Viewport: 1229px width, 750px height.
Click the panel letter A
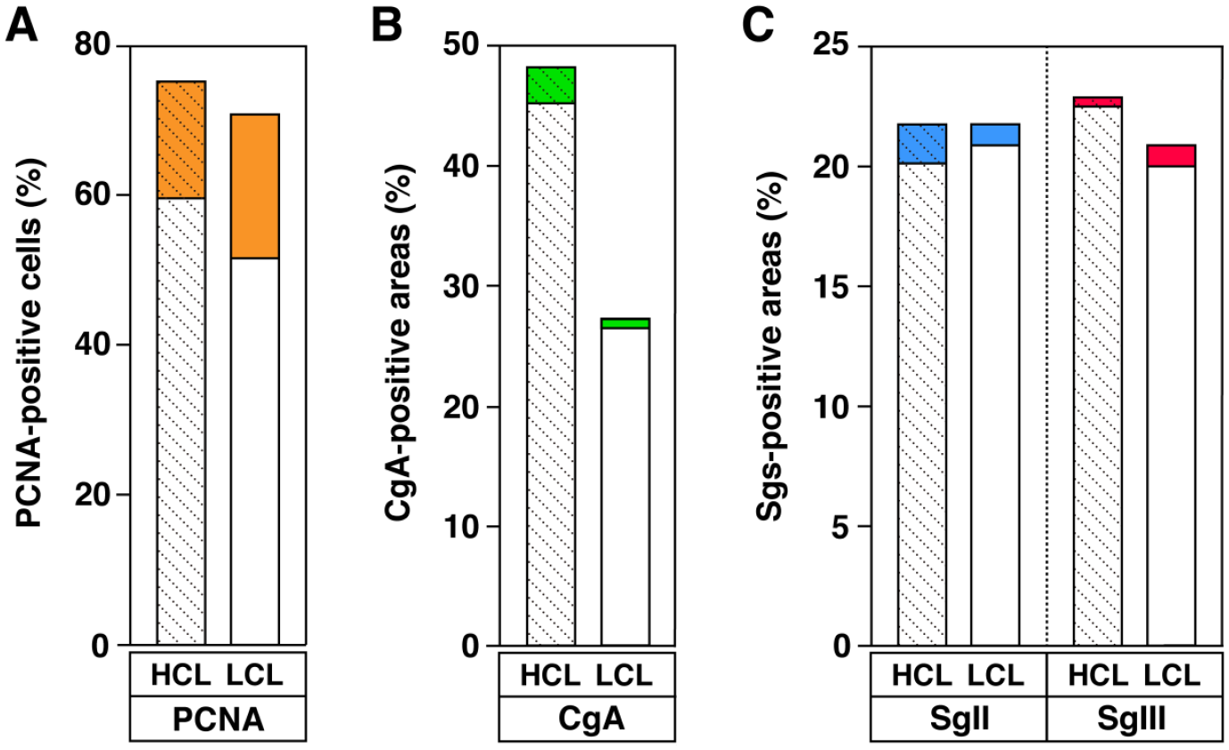click(x=21, y=26)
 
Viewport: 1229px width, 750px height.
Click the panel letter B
click(x=387, y=26)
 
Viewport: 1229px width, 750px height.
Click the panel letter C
click(x=758, y=26)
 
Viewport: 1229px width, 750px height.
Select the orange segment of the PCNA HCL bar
click(x=181, y=139)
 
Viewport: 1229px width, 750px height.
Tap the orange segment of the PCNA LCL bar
click(x=254, y=186)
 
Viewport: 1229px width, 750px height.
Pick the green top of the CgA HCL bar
click(x=551, y=85)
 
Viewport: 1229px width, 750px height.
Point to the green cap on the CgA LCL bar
click(x=625, y=323)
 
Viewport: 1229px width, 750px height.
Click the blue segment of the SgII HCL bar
click(x=922, y=144)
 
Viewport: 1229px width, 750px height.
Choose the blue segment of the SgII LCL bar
click(x=995, y=135)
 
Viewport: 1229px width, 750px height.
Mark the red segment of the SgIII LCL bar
click(x=1171, y=156)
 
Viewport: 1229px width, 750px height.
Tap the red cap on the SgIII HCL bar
click(x=1098, y=102)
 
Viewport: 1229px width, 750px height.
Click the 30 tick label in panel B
click(x=462, y=286)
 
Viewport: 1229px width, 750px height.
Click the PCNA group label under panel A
click(x=219, y=720)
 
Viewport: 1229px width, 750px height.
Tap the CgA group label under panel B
click(x=591, y=719)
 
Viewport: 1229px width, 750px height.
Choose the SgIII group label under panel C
click(x=1131, y=719)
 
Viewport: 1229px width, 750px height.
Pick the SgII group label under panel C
click(x=960, y=719)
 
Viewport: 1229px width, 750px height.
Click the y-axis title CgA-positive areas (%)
click(x=399, y=342)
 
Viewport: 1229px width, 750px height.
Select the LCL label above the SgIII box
click(x=1172, y=675)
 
